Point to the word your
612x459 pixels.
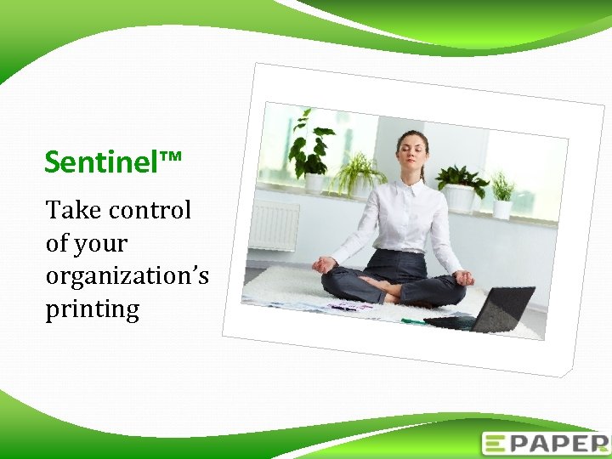tap(101, 245)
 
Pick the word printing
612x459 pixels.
tap(92, 309)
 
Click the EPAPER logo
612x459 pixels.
tap(544, 444)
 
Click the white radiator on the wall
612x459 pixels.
tap(273, 226)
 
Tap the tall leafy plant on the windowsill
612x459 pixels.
tap(309, 149)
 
